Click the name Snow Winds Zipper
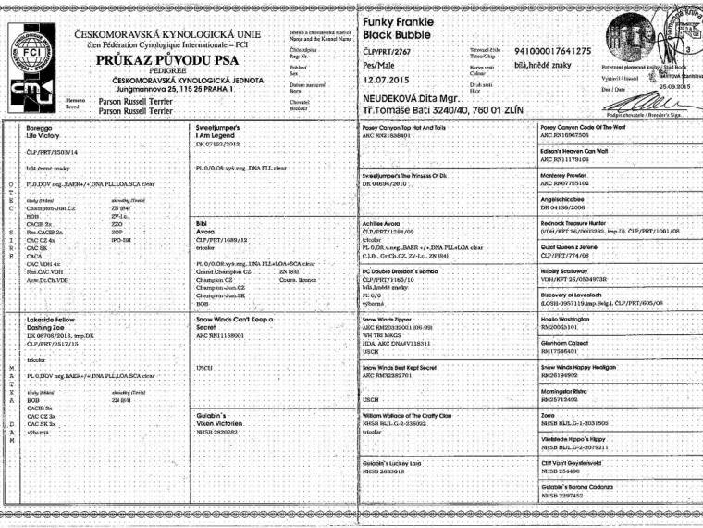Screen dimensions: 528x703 pyautogui.click(x=392, y=317)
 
